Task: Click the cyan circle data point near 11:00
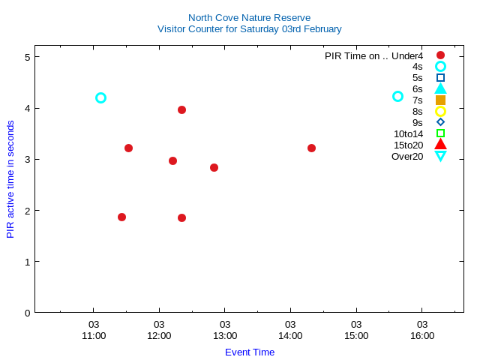(x=100, y=97)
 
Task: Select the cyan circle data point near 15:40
(x=398, y=97)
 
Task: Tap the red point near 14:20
(x=311, y=148)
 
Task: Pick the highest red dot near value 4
(x=181, y=109)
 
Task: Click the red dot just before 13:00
(x=214, y=167)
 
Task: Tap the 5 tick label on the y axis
(x=27, y=57)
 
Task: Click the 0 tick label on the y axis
(x=27, y=312)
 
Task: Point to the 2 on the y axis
(x=27, y=210)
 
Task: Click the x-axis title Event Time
(x=250, y=352)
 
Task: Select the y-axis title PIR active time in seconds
(x=10, y=179)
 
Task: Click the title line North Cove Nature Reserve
(x=249, y=17)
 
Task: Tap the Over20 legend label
(x=407, y=156)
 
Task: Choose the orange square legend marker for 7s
(x=440, y=100)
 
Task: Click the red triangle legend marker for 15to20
(x=440, y=145)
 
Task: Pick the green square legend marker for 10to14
(x=440, y=133)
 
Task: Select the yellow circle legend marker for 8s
(x=440, y=111)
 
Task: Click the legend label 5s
(x=417, y=77)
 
